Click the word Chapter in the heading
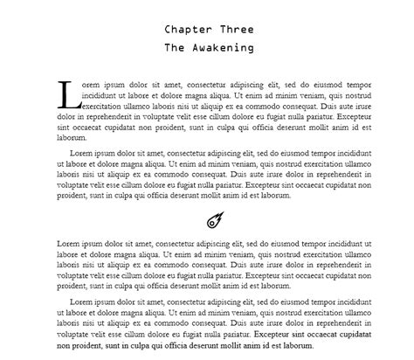[186, 29]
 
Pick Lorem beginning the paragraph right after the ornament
[70, 244]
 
